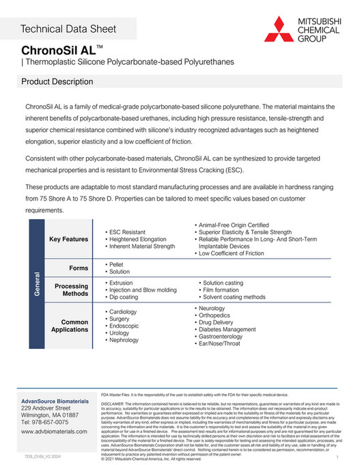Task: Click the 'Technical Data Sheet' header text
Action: coord(68,29)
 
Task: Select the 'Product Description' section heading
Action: coord(57,82)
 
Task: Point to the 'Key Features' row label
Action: coord(69,240)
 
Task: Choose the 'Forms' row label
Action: coord(79,268)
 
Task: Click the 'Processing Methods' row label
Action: coord(71,290)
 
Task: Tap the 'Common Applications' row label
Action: coord(70,326)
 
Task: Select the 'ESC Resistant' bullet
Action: coord(127,232)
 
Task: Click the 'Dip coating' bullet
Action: coord(124,297)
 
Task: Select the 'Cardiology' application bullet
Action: coord(124,312)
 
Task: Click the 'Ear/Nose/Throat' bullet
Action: coord(225,344)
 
